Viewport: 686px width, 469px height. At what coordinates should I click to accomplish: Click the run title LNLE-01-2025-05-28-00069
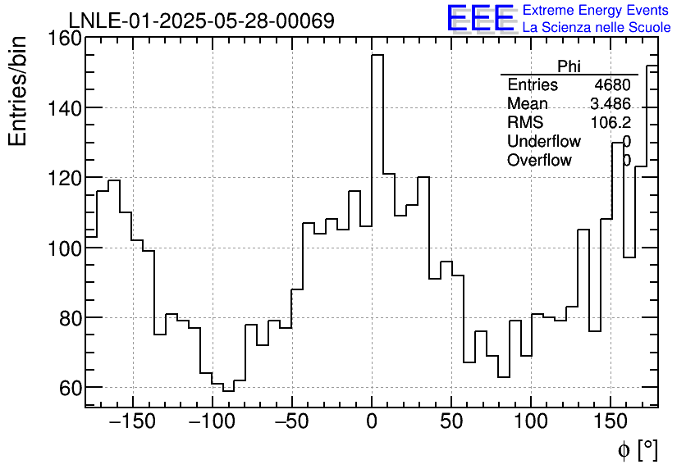coord(201,20)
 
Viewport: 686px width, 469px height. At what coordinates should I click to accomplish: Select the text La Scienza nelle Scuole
coord(597,27)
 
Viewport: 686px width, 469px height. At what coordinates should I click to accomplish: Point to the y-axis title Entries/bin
coord(18,91)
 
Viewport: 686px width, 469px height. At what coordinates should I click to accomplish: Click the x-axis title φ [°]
coord(637,449)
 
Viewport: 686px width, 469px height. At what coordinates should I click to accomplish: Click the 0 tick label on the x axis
coord(372,422)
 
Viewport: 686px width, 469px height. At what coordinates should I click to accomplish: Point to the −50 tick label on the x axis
coord(292,422)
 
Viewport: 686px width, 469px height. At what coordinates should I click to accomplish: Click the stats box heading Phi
coord(569,66)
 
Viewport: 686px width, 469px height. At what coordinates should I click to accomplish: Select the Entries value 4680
coord(612,85)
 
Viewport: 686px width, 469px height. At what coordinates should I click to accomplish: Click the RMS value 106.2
coord(611,123)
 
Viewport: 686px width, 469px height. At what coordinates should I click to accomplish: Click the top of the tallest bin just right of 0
coord(377,55)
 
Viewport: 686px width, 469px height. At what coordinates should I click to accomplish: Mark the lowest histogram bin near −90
coord(228,391)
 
